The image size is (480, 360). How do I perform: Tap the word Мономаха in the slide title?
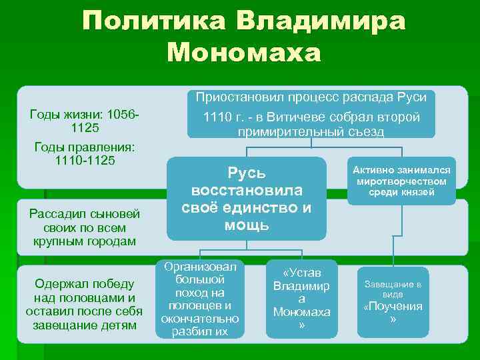245,52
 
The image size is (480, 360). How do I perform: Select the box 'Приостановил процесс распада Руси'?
311,97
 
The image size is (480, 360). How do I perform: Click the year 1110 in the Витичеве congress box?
217,117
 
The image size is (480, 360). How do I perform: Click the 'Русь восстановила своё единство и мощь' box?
247,198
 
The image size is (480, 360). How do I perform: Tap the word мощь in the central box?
247,225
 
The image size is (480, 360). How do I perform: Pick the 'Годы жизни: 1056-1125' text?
84,120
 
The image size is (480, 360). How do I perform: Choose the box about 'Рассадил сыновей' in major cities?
84,227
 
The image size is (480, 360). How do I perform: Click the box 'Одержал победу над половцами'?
84,304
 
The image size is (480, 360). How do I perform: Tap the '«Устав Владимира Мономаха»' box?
303,299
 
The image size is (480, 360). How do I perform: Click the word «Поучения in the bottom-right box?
393,307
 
